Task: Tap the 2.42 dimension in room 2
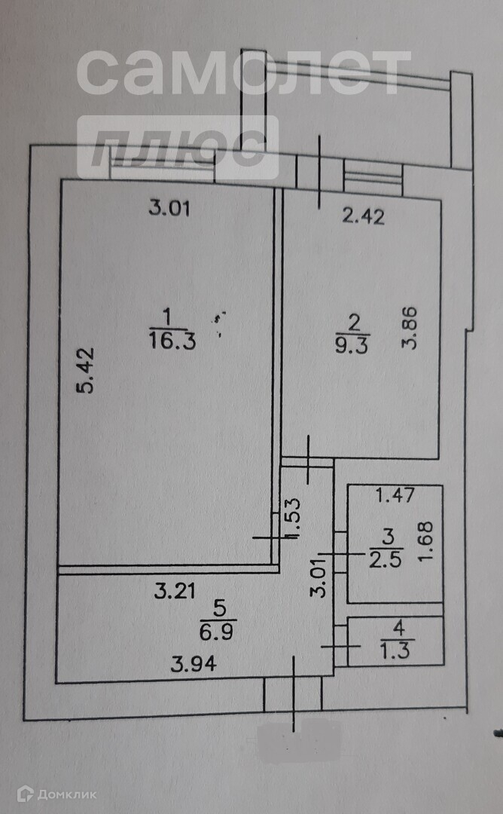point(363,218)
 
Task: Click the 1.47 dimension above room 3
point(395,495)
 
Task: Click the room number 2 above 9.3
point(352,323)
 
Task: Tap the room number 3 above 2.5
point(388,537)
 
